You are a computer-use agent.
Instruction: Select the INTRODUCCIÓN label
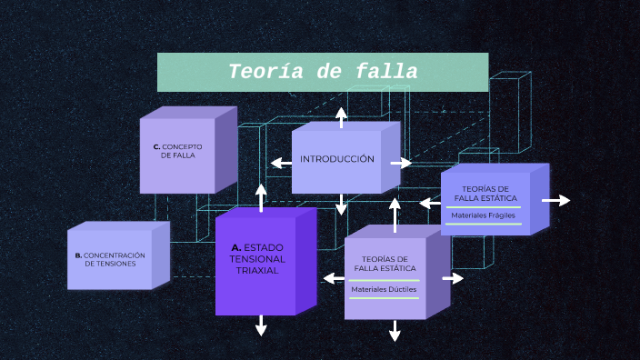point(337,159)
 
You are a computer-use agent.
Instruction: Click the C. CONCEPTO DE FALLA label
point(177,150)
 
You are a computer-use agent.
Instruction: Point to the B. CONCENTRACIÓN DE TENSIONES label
point(110,259)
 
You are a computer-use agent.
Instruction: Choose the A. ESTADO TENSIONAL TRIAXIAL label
point(257,259)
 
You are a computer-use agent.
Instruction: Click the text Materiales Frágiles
point(484,215)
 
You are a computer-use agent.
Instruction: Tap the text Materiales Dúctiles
point(385,289)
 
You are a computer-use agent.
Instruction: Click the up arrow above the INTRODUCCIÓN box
point(341,115)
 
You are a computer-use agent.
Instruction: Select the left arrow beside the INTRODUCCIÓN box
point(280,164)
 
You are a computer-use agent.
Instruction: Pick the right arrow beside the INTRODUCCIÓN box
point(401,164)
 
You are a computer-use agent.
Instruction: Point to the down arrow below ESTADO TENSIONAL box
point(261,325)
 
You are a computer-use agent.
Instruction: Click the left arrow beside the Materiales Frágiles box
point(430,204)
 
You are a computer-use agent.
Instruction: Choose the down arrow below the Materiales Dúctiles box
point(395,331)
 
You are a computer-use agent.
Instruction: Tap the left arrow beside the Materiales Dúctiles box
point(333,278)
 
